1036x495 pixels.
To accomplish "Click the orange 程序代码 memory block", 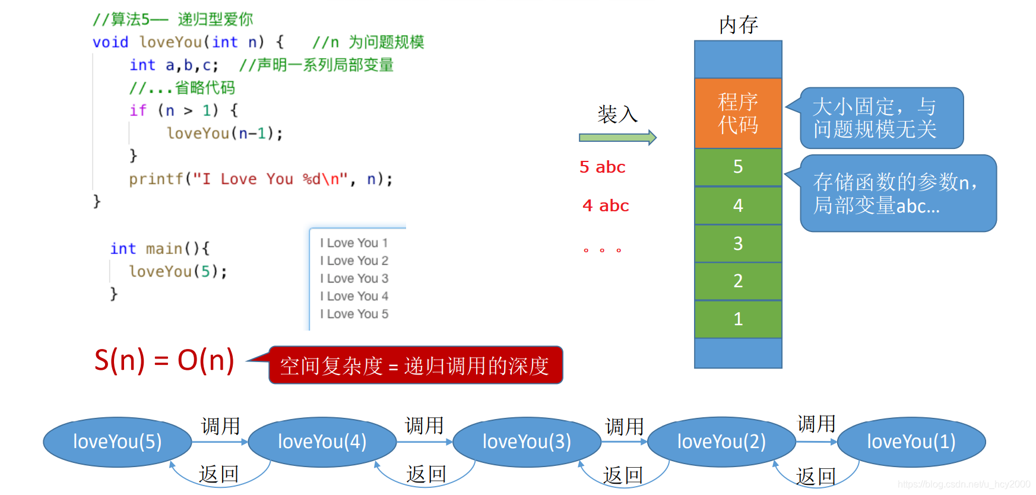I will click(738, 113).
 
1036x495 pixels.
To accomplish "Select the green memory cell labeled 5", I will click(738, 167).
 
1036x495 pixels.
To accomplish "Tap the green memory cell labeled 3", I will click(738, 243).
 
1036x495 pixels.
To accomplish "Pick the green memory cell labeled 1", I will click(738, 319).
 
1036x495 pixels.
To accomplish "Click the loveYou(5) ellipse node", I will click(118, 442).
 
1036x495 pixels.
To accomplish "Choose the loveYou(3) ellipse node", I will click(527, 442).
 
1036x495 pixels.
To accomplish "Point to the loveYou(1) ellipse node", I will click(911, 442).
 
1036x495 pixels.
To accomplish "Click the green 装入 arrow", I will click(617, 138).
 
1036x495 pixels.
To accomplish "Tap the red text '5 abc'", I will click(602, 167).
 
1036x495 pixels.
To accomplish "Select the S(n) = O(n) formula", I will click(164, 360).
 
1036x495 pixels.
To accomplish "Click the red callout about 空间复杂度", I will click(416, 366).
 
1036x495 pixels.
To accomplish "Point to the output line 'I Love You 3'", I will click(354, 278).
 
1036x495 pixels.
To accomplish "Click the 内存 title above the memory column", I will click(739, 25).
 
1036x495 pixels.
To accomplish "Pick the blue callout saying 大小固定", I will click(881, 118).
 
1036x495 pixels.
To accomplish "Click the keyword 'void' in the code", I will click(110, 42).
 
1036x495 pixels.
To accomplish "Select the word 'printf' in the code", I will click(156, 179).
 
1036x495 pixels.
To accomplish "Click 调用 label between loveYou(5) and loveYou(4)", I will click(220, 426).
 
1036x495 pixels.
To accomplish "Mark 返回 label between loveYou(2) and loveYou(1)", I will click(816, 476).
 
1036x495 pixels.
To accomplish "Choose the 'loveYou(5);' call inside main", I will click(178, 272).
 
